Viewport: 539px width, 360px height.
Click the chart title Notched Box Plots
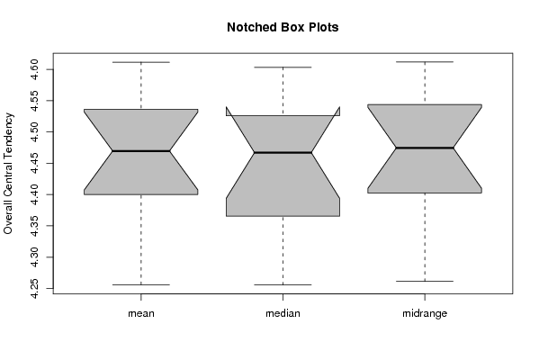pyautogui.click(x=283, y=27)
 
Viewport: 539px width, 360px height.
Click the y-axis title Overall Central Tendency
pyautogui.click(x=8, y=174)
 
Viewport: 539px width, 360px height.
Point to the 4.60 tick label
pyautogui.click(x=34, y=69)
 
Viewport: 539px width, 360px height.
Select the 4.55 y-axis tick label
pyautogui.click(x=34, y=101)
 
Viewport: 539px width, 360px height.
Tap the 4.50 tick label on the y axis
pyautogui.click(x=34, y=132)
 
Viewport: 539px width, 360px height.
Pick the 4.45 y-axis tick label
pyautogui.click(x=34, y=163)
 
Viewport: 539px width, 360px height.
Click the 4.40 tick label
pyautogui.click(x=34, y=194)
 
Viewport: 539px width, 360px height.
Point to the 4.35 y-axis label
pyautogui.click(x=34, y=226)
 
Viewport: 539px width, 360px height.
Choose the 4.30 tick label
pyautogui.click(x=34, y=256)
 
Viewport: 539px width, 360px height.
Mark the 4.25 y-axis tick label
pyautogui.click(x=34, y=288)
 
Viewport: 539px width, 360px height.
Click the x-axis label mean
pyautogui.click(x=141, y=313)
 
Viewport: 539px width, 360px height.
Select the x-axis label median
pyautogui.click(x=283, y=313)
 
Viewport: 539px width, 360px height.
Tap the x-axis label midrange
pyautogui.click(x=425, y=313)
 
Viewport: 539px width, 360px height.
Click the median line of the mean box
pyautogui.click(x=141, y=151)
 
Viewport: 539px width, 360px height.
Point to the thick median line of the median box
pyautogui.click(x=283, y=152)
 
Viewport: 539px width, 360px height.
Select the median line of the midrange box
pyautogui.click(x=425, y=148)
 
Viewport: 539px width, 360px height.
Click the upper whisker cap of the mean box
pyautogui.click(x=141, y=62)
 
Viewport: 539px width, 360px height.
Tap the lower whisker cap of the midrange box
pyautogui.click(x=425, y=282)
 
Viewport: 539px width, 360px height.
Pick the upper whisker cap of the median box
pyautogui.click(x=283, y=67)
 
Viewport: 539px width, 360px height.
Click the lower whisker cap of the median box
pyautogui.click(x=283, y=284)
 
